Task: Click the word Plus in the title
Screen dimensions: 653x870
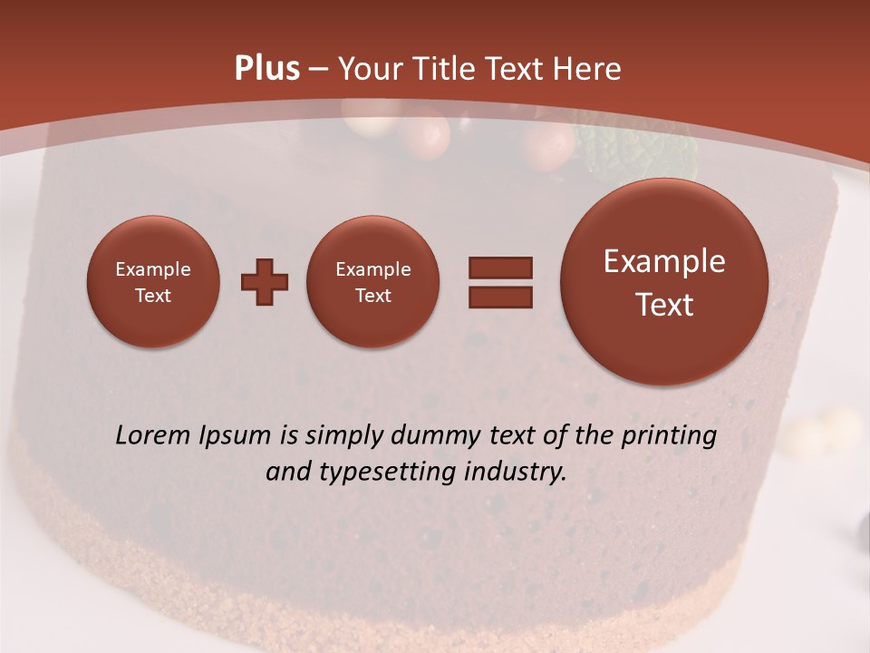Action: [x=266, y=69]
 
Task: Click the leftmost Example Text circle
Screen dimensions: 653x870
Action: [x=152, y=282]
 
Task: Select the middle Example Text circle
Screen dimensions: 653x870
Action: [x=372, y=282]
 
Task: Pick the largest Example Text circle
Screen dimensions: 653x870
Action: [x=664, y=282]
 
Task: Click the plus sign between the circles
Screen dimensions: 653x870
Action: [x=265, y=282]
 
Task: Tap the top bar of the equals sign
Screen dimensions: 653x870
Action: [x=500, y=268]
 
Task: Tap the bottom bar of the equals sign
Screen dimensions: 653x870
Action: [x=500, y=297]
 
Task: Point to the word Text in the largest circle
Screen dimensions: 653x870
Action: [x=664, y=305]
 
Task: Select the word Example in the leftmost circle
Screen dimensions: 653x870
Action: [x=152, y=269]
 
